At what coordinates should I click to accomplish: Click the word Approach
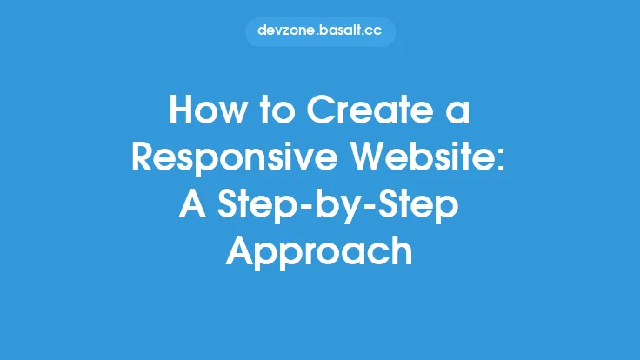tap(319, 252)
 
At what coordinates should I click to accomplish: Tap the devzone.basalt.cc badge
tap(320, 31)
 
